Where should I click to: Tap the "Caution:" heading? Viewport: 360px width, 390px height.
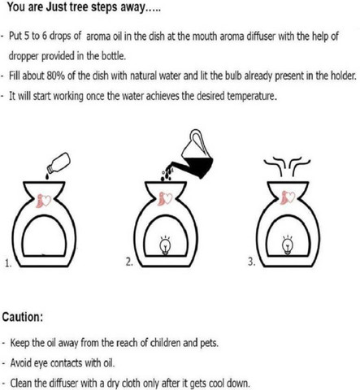tap(23, 317)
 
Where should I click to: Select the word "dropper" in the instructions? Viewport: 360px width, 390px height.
tap(24, 56)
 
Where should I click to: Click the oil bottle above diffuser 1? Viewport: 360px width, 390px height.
tap(59, 162)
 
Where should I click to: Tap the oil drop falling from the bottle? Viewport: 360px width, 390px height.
tap(48, 176)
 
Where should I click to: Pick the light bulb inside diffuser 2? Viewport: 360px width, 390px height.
tap(165, 245)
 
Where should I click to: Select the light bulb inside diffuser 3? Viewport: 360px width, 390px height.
tap(288, 245)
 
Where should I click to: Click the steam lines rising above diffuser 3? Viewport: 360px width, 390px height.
tap(287, 166)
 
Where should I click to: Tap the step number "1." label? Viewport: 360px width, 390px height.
tap(8, 263)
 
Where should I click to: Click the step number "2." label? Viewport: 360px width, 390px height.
tap(129, 262)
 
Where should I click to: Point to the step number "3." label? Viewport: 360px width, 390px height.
tap(252, 262)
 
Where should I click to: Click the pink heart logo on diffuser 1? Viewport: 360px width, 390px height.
tap(43, 201)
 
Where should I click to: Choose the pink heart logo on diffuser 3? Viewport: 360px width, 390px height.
tap(288, 197)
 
